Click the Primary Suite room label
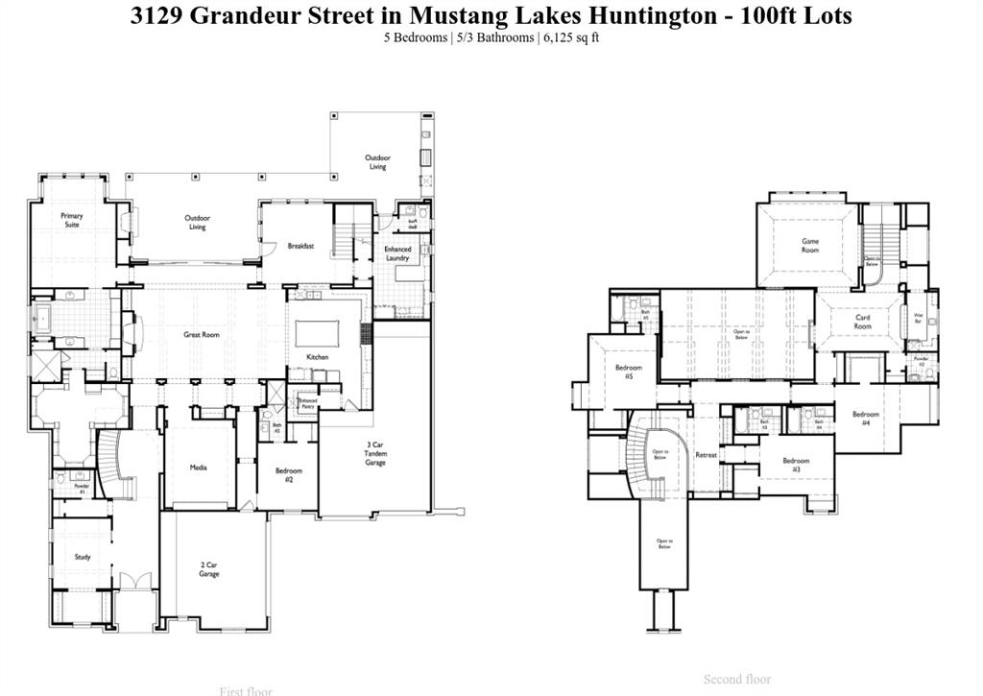[x=72, y=220]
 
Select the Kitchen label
[x=318, y=357]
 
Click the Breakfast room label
[x=300, y=247]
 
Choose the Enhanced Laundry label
[x=397, y=253]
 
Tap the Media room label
[x=200, y=468]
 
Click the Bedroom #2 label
[x=288, y=474]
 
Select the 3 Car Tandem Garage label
[x=375, y=453]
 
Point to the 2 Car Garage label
[x=209, y=570]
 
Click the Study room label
[x=83, y=557]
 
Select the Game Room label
[x=811, y=246]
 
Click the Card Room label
[x=863, y=322]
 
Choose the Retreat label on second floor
[x=707, y=455]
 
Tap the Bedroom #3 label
[x=796, y=465]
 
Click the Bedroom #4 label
[x=865, y=419]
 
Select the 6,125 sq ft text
[x=572, y=37]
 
